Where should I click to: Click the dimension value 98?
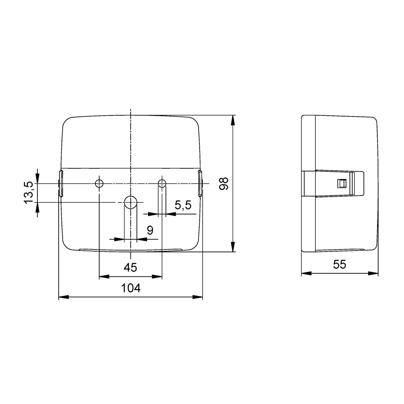[x=224, y=184]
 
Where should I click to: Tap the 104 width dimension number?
[x=131, y=288]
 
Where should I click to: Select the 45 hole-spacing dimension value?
[x=130, y=268]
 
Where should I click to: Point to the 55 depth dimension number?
[x=340, y=264]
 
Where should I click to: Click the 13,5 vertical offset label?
[x=29, y=193]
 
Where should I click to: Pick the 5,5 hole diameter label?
[x=183, y=205]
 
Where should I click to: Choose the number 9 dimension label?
[x=150, y=230]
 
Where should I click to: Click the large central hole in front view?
[x=131, y=202]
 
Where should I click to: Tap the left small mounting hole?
[x=99, y=183]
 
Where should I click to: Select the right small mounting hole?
[x=162, y=183]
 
